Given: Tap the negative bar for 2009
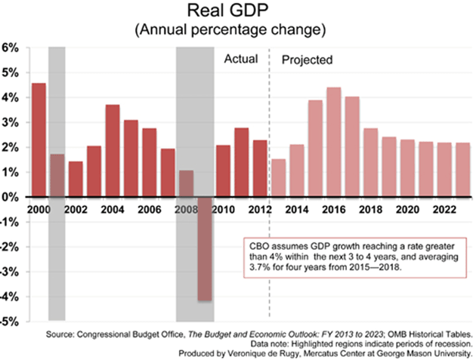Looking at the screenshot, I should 204,248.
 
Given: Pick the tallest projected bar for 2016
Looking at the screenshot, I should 334,142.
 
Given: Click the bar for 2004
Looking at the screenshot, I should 112,150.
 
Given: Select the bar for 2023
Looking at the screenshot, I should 463,169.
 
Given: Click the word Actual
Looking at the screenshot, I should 242,59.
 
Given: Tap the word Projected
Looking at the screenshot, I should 308,60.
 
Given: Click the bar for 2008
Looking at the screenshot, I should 186,183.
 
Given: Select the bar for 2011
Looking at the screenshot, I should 241,162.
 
